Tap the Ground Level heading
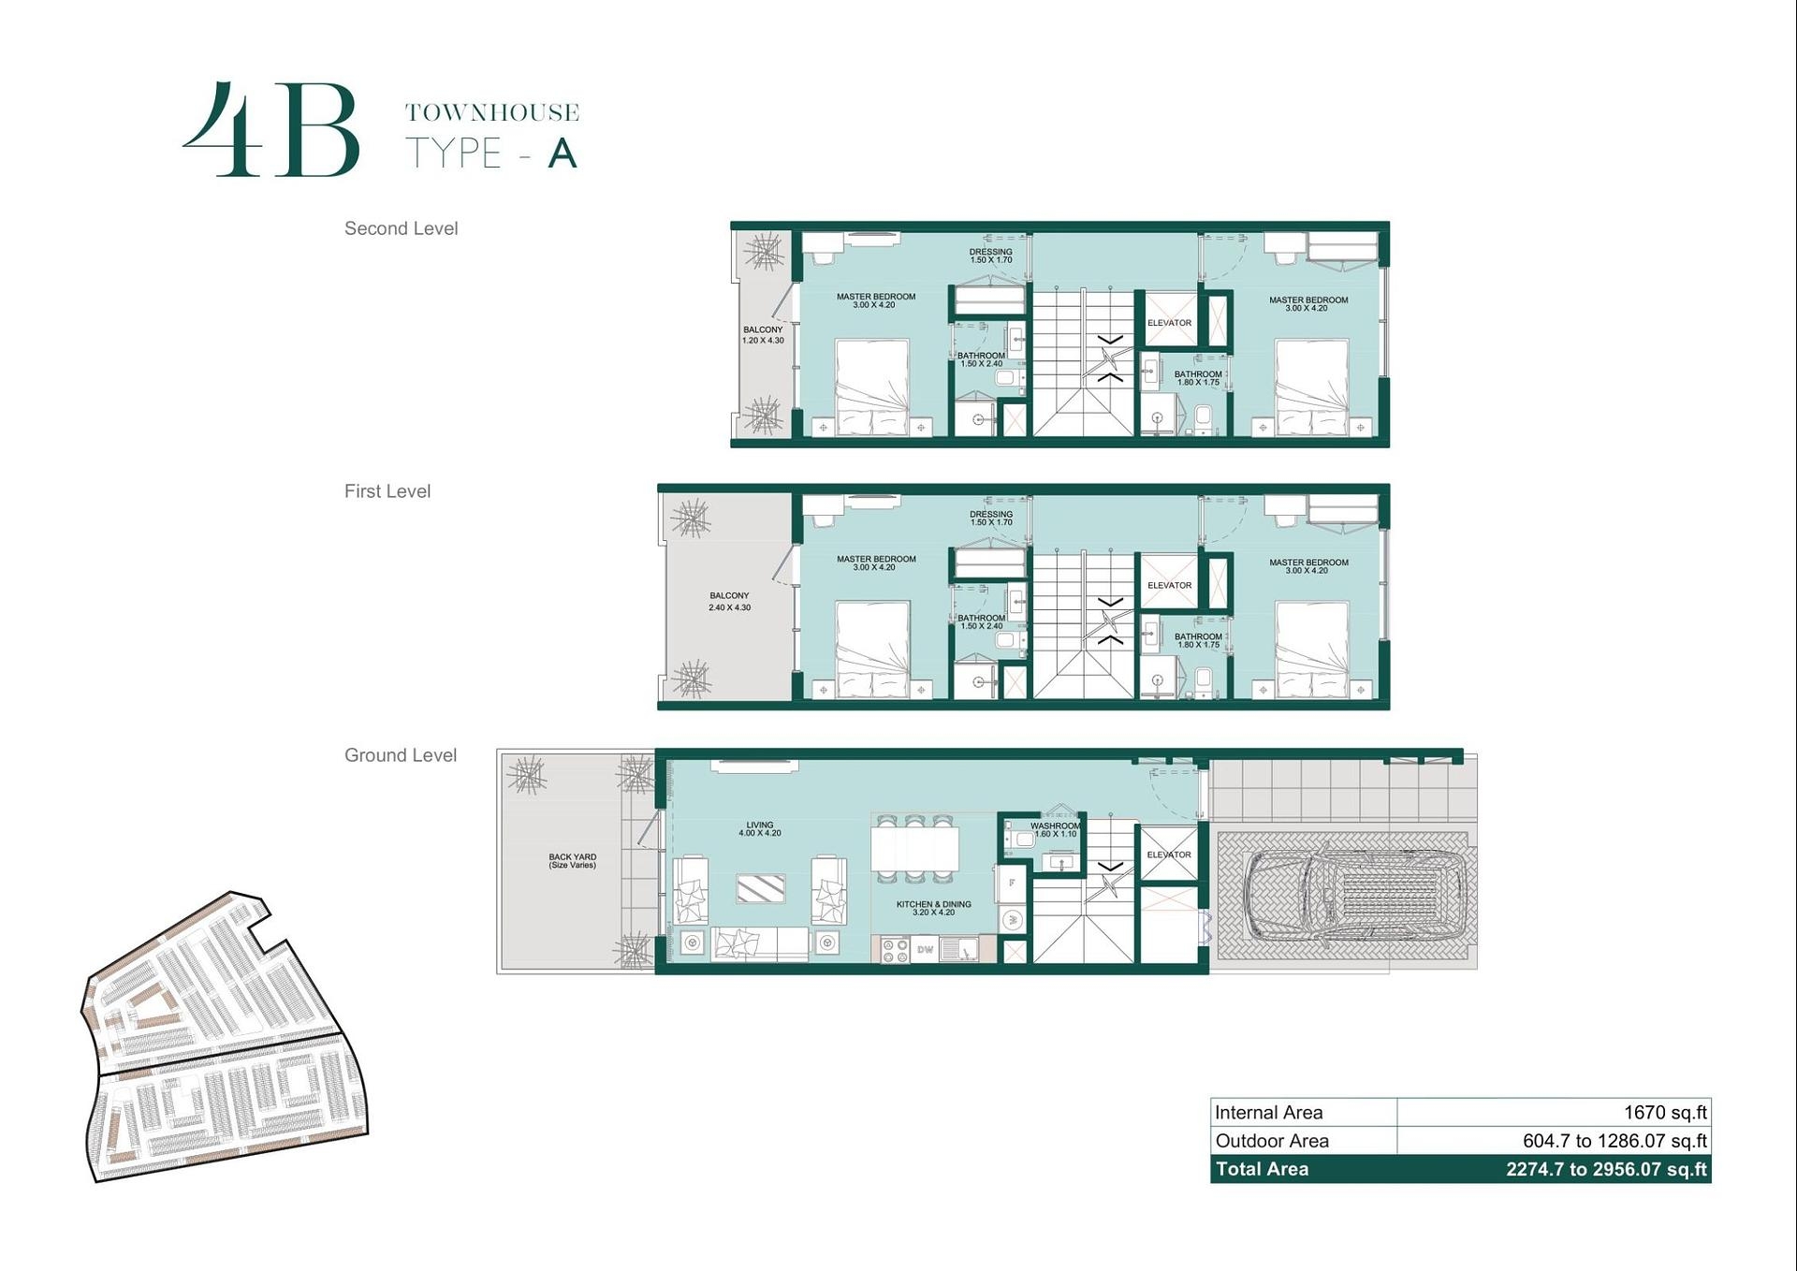(x=401, y=755)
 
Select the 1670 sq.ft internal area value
(x=1665, y=1113)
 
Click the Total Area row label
(x=1262, y=1169)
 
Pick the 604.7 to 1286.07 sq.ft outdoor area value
(x=1614, y=1141)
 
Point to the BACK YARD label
(x=572, y=860)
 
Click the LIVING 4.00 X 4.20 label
(x=759, y=829)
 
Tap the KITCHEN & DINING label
(x=933, y=908)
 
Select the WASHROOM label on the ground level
(x=1055, y=829)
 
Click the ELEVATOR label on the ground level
(x=1169, y=855)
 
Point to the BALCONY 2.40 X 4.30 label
(x=729, y=601)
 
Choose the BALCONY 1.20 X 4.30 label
(x=763, y=335)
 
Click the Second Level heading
(x=401, y=228)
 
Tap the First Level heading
(x=387, y=491)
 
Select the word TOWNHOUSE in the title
(x=492, y=113)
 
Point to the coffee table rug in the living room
(x=760, y=888)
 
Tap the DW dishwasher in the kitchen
(x=925, y=950)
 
